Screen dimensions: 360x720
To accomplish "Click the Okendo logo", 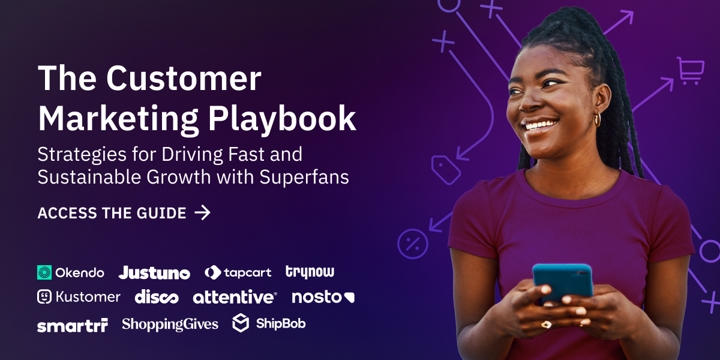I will pos(70,272).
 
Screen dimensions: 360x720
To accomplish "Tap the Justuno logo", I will pos(154,273).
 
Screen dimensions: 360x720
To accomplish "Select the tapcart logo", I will pos(238,272).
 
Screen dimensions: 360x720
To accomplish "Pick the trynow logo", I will pos(310,272).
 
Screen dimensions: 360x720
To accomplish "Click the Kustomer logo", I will pos(79,296).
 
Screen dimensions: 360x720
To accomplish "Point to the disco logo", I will pos(156,296).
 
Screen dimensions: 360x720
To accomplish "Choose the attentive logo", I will pos(235,296).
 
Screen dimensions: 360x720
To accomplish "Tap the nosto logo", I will pos(323,296).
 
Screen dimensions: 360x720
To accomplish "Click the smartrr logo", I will pos(72,325).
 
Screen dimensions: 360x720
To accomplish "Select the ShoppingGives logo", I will pos(170,325).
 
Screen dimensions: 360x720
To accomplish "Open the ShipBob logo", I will pos(269,323).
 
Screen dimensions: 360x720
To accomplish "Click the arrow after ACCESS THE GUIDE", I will pos(203,212).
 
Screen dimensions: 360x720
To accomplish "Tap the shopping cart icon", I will pos(690,70).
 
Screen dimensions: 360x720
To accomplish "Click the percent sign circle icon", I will pos(412,244).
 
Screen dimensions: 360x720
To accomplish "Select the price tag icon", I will pos(446,170).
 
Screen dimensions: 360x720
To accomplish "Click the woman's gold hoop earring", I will pos(598,119).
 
